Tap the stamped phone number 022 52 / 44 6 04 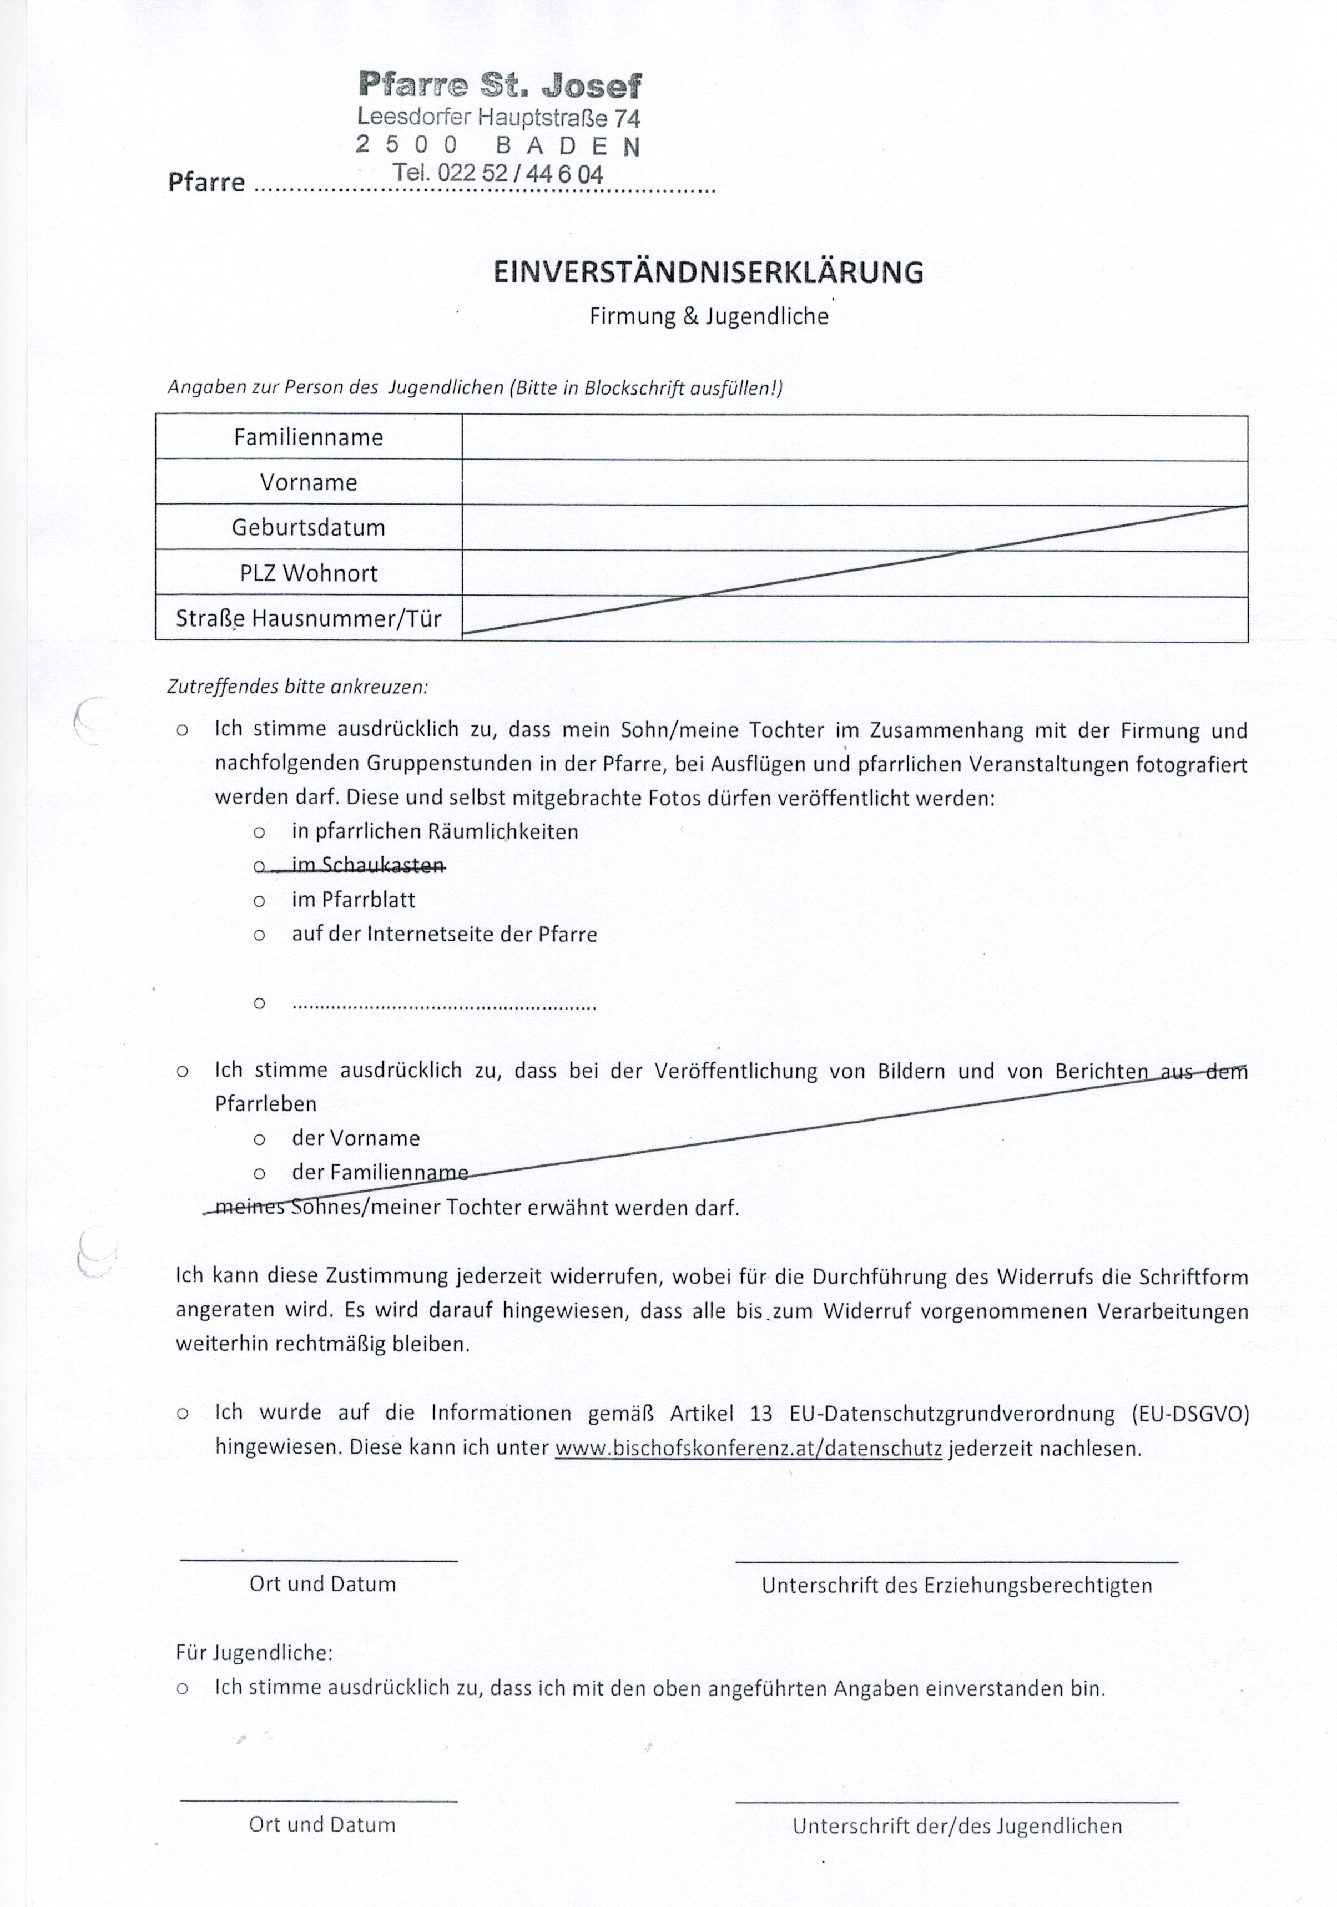pos(498,174)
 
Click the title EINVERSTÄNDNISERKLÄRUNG pos(708,273)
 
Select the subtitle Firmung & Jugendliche pos(708,316)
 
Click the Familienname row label pos(308,438)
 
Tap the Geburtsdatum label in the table pos(308,527)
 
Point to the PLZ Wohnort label pos(308,573)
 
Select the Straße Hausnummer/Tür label pos(308,619)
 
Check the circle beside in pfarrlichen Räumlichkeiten pos(259,831)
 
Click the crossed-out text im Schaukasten pos(368,865)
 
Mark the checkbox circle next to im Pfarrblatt pos(259,900)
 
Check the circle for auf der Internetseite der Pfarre pos(259,935)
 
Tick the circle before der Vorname pos(259,1139)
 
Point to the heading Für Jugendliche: pos(253,1652)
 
